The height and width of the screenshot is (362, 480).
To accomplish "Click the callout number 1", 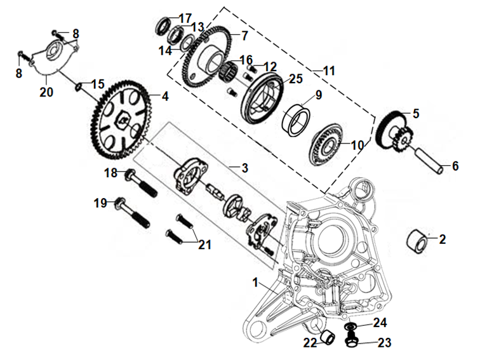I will pos(256,282).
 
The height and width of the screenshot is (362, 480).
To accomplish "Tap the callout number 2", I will pos(442,239).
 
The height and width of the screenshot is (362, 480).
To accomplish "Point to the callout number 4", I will pos(164,97).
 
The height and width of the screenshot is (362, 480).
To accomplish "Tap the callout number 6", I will pos(455,166).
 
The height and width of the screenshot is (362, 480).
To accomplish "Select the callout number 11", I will pos(328,71).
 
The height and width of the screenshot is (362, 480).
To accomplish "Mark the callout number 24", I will pos(380,322).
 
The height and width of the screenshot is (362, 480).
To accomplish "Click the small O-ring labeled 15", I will pos(81,86).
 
